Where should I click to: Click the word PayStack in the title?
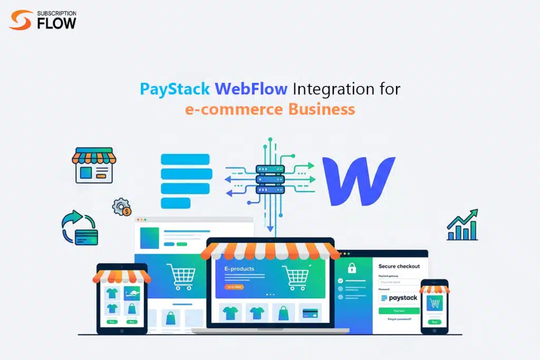[175, 89]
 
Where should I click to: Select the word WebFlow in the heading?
[251, 89]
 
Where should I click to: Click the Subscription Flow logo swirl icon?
[20, 21]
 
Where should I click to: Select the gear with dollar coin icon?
[122, 207]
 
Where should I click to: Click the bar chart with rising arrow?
[462, 225]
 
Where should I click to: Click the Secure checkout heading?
[399, 266]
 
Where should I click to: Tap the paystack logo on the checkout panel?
[399, 298]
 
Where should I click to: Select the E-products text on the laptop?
[239, 269]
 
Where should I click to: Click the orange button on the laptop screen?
[234, 287]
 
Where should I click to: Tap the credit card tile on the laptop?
[310, 313]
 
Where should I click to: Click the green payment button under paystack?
[399, 311]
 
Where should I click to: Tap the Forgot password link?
[399, 319]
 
